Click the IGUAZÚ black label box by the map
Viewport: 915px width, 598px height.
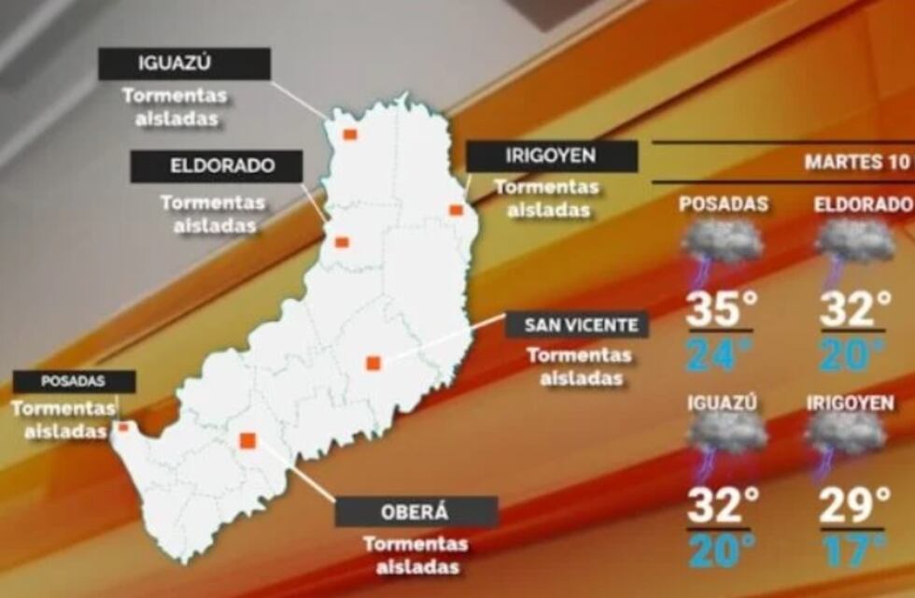185,64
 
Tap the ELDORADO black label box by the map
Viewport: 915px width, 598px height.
217,166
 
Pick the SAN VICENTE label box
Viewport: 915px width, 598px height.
576,325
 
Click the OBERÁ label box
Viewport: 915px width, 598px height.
415,512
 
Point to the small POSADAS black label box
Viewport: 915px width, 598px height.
74,381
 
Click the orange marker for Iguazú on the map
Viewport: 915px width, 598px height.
349,135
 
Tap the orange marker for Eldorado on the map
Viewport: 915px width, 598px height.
342,243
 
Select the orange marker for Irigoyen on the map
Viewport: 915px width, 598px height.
456,210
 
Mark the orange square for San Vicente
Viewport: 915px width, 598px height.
373,363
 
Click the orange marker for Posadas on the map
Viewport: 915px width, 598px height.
123,427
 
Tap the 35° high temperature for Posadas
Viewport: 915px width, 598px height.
719,310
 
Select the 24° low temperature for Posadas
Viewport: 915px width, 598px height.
719,354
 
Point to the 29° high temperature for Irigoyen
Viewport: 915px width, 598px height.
854,506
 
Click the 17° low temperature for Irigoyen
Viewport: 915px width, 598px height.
854,549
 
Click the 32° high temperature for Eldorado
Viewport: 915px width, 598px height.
854,310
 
